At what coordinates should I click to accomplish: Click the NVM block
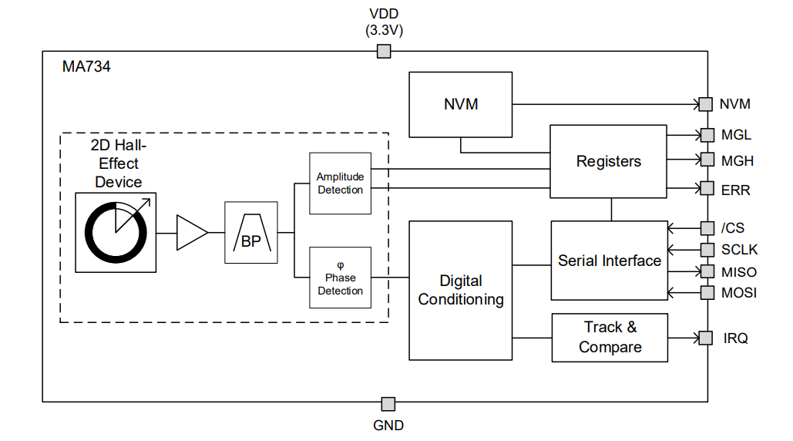pos(460,104)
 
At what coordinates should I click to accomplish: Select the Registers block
pos(608,161)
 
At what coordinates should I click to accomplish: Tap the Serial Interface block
pos(609,261)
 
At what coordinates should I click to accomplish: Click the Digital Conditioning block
pos(460,290)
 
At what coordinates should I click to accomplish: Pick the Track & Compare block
pos(609,337)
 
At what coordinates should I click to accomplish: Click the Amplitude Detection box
pos(340,183)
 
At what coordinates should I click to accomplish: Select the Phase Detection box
pos(340,278)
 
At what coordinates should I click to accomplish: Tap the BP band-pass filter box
pos(250,233)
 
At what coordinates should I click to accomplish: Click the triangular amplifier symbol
pos(191,233)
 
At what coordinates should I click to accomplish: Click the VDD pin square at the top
pos(383,52)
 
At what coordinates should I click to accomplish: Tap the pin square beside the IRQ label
pos(706,338)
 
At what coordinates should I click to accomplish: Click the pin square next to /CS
pos(707,228)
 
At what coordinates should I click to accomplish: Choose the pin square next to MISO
pos(707,271)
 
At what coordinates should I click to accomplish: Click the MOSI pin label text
pos(739,293)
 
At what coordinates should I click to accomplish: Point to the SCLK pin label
pos(739,250)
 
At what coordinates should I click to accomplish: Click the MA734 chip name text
pos(86,67)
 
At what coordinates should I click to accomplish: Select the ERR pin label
pos(735,190)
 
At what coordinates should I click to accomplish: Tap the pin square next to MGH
pos(707,160)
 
